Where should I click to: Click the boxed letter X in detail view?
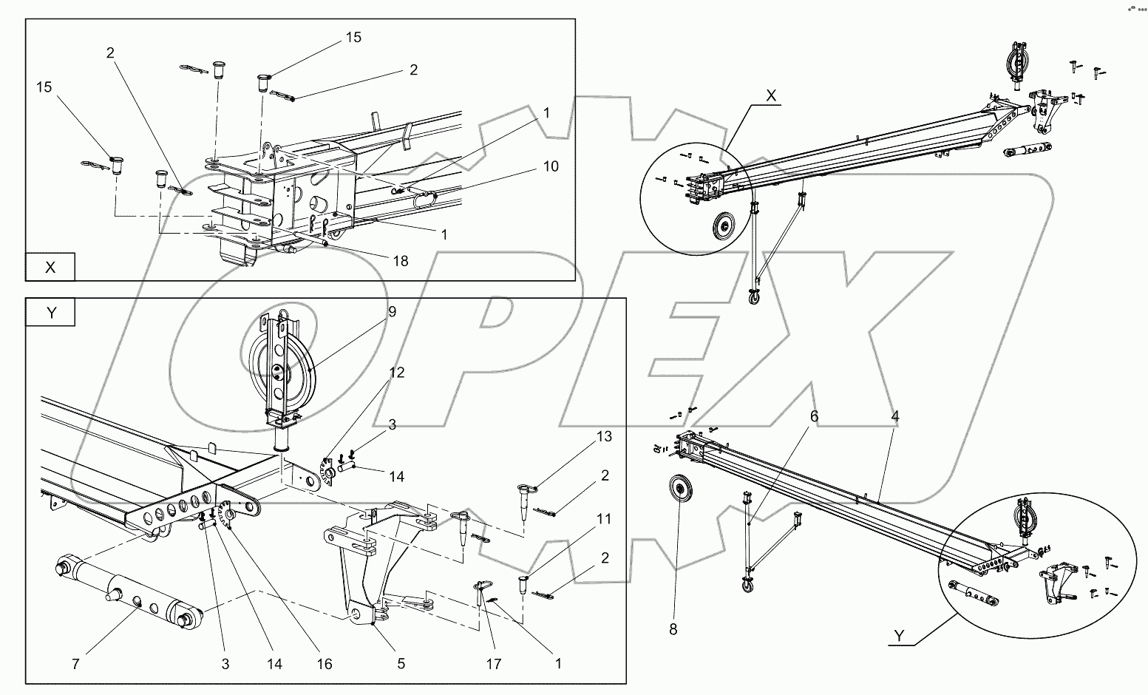(50, 267)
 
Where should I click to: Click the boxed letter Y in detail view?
(51, 313)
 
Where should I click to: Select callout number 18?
(400, 262)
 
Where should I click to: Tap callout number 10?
(551, 166)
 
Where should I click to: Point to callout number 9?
(392, 311)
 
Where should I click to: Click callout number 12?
(397, 373)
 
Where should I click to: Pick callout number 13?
(604, 436)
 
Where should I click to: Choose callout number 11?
(604, 519)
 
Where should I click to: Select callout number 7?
(75, 664)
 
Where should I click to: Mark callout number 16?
(324, 664)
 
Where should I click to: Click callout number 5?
(401, 664)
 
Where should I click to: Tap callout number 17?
(493, 664)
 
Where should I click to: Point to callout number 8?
(673, 629)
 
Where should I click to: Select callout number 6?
(814, 416)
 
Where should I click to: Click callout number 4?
(895, 416)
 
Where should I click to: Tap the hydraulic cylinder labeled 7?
(129, 591)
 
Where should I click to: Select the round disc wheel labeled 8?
(680, 490)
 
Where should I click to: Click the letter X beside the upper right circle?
(771, 95)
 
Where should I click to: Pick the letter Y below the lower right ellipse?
(899, 636)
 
